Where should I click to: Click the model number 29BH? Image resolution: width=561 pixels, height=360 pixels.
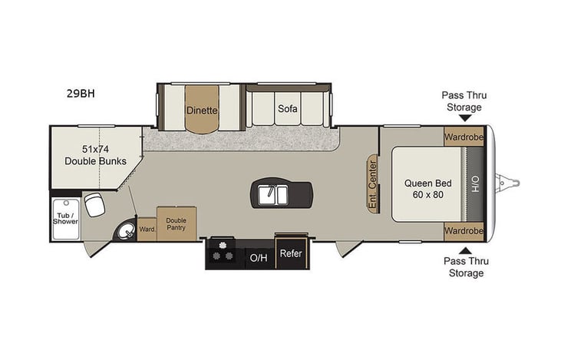point(80,94)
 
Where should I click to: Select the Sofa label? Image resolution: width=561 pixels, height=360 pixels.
point(288,108)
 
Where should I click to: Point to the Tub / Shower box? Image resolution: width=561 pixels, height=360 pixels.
point(65,216)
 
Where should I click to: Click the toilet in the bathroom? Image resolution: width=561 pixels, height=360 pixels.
point(94,204)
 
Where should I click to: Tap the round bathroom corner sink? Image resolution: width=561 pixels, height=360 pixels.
point(124,230)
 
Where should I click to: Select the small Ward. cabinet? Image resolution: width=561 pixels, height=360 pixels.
point(147,228)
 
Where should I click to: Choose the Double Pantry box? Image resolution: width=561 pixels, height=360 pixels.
point(177,223)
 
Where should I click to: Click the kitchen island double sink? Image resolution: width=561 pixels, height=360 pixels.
point(272,194)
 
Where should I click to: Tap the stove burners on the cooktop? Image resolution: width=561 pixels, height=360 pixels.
point(225,252)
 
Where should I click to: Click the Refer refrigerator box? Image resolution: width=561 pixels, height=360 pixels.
point(291,253)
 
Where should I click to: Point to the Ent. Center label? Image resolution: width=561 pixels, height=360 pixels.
point(372,184)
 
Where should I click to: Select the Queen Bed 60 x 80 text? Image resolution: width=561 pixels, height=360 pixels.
point(427,189)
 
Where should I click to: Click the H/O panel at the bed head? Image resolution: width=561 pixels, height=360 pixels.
point(475,184)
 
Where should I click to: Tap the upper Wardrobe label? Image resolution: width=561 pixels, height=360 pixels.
point(464,137)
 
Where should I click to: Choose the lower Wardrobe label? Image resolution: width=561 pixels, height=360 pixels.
point(464,230)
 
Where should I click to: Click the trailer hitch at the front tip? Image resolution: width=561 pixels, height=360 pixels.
point(510,182)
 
